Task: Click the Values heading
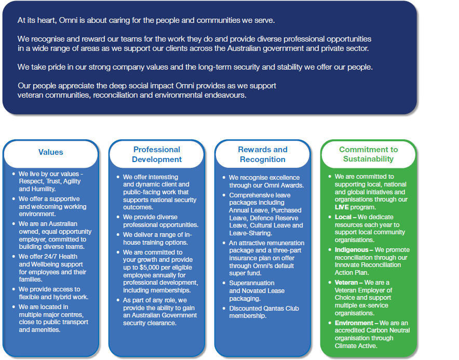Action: coord(50,152)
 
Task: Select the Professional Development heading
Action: coord(157,154)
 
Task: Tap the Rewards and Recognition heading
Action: coord(263,154)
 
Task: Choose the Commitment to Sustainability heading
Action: coord(368,154)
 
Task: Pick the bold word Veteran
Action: coord(347,283)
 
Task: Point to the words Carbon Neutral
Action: coord(387,330)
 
